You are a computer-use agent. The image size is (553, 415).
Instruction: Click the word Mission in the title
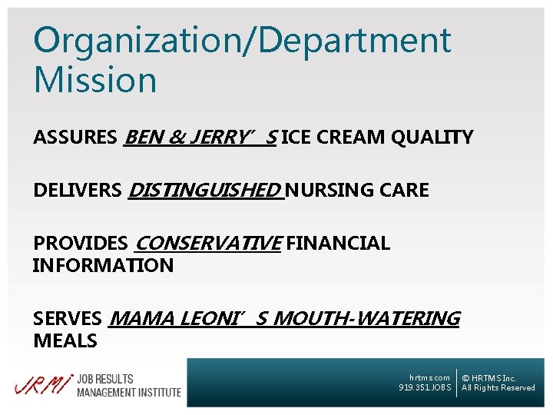(x=95, y=80)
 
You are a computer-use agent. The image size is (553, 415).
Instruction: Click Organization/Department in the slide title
(x=242, y=41)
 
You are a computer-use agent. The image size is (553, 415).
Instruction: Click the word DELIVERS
(x=77, y=191)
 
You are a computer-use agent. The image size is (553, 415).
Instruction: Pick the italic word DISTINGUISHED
(x=205, y=191)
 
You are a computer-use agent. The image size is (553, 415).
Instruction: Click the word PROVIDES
(x=80, y=244)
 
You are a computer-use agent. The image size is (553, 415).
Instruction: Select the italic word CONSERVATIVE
(x=207, y=244)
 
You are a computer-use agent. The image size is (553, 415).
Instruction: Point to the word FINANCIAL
(x=338, y=244)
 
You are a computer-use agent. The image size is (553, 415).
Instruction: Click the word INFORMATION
(x=103, y=266)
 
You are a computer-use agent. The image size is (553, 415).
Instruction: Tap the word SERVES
(x=68, y=318)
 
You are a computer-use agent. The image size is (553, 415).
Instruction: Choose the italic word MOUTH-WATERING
(x=366, y=318)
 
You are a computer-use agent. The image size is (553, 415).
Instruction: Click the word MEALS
(x=65, y=340)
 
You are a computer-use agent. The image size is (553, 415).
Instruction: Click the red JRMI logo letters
(x=43, y=383)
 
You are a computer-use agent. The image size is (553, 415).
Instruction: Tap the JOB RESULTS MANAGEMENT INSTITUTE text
(x=128, y=385)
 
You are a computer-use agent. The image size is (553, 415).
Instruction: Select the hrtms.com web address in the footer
(x=429, y=377)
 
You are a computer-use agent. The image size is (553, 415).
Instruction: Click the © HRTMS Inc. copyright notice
(x=488, y=378)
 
